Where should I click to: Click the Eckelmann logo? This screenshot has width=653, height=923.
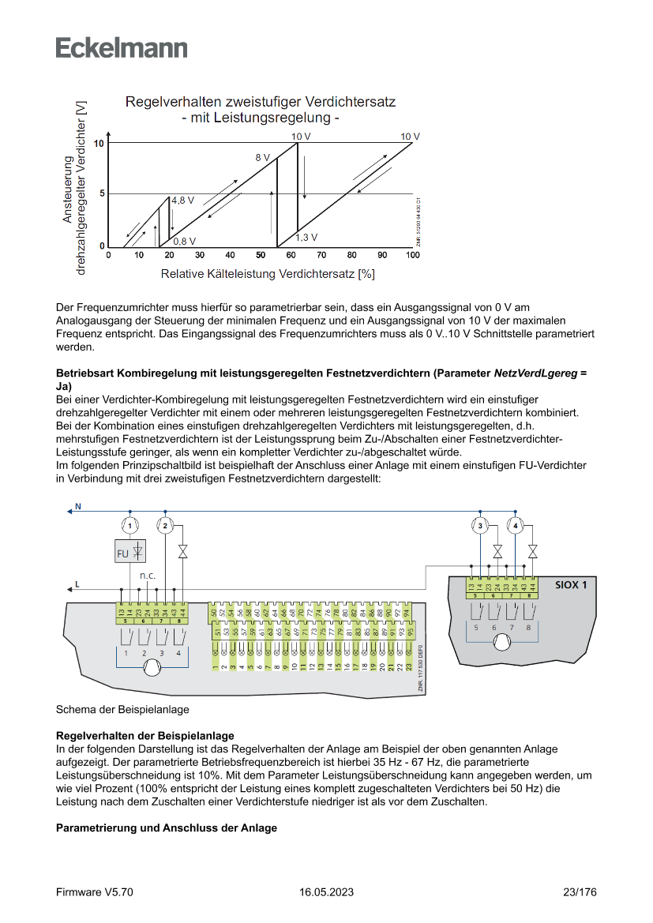[122, 47]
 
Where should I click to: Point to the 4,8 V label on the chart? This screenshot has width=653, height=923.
[182, 201]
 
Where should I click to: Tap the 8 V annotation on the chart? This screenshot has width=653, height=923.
[262, 158]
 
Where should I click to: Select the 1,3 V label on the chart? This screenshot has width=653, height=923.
[306, 237]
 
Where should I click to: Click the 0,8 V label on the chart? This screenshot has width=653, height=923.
[185, 241]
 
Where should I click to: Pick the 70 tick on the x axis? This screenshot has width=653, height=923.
[321, 255]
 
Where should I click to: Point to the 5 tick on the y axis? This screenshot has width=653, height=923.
[101, 193]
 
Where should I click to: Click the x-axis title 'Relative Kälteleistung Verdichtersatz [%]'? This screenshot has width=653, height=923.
[268, 275]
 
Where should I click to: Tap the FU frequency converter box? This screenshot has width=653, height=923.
[130, 553]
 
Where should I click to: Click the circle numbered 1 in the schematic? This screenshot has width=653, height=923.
[130, 525]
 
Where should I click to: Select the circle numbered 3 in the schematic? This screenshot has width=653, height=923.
[480, 525]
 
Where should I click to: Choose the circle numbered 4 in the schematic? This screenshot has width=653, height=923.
[516, 525]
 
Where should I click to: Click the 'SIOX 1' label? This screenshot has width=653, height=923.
[571, 585]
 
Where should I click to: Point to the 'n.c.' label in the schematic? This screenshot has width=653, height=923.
[148, 576]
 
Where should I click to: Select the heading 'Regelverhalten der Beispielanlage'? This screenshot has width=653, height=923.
[144, 735]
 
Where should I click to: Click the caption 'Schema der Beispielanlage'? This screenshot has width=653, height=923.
[122, 709]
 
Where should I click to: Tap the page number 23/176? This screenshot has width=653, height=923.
[580, 892]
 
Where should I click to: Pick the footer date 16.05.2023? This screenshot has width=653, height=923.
[326, 892]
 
